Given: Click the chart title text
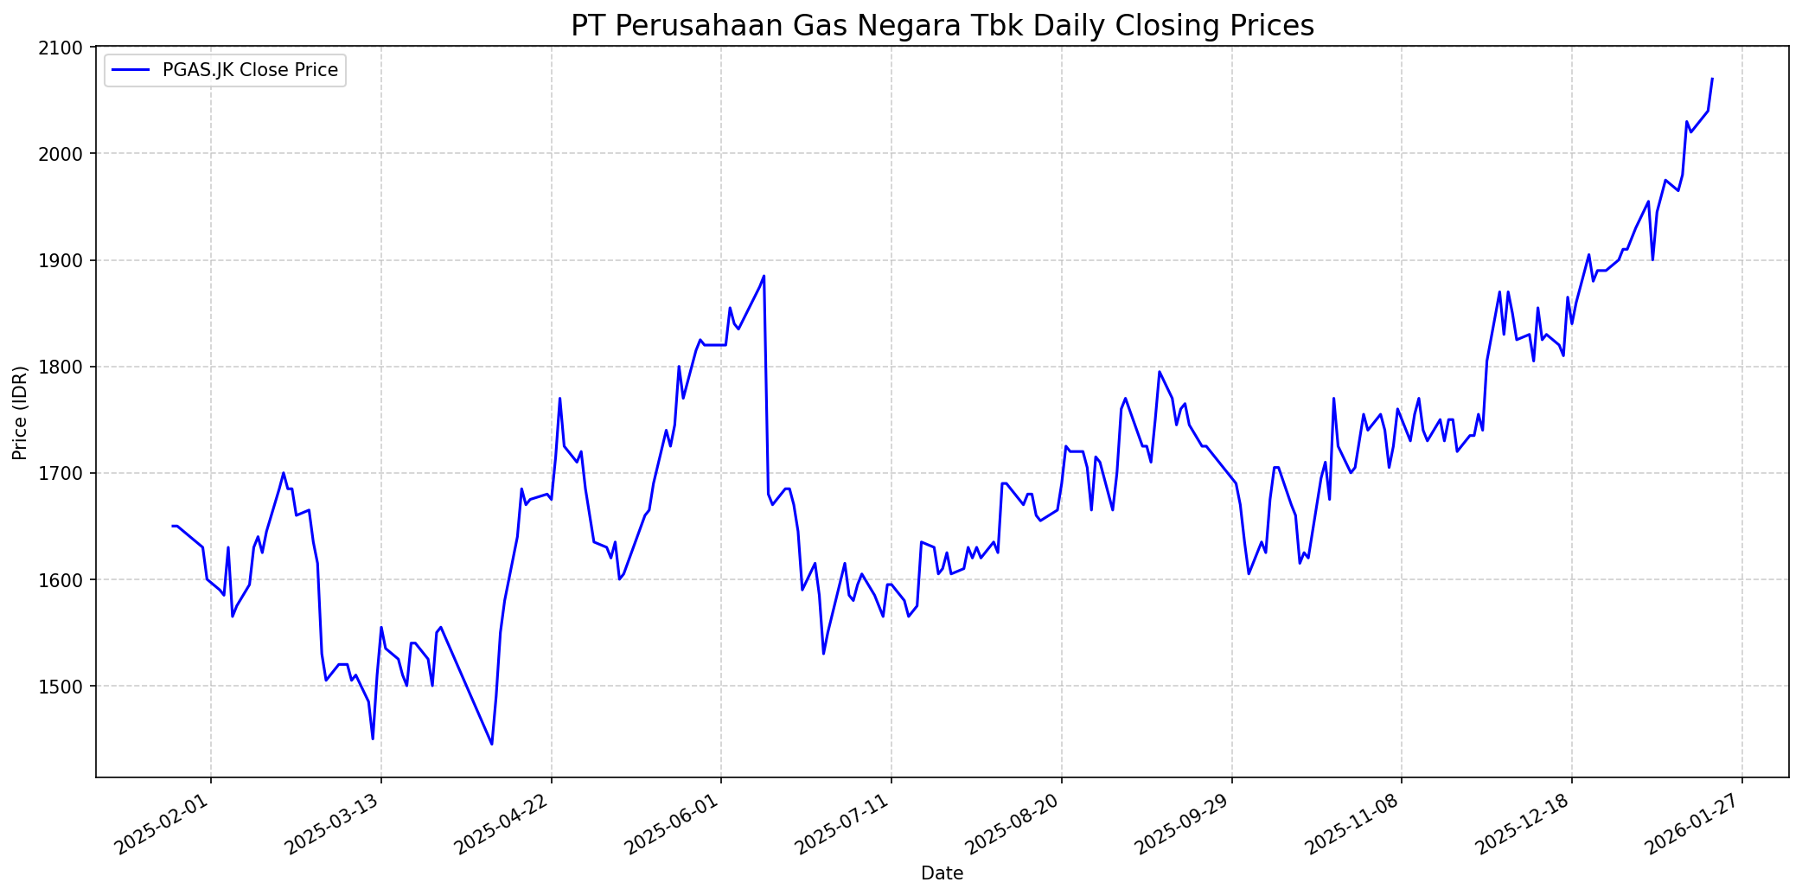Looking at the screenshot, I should click(942, 26).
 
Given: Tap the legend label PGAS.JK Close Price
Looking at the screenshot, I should click(250, 70).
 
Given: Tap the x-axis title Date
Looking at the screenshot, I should click(942, 873).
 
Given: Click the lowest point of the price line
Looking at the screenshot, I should click(492, 745).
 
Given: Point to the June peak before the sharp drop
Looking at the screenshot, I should click(764, 277).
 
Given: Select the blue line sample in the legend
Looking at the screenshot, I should click(131, 70).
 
